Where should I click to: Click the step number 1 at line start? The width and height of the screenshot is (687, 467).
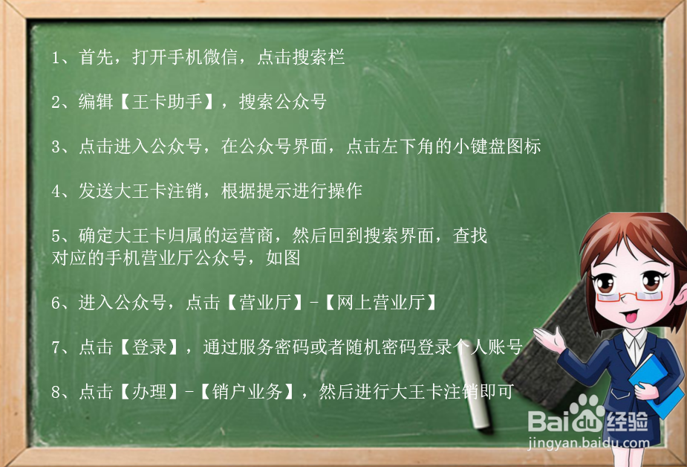56,58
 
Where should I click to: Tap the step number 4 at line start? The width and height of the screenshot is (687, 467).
56,191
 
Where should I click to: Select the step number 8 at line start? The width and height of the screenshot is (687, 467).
56,392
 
